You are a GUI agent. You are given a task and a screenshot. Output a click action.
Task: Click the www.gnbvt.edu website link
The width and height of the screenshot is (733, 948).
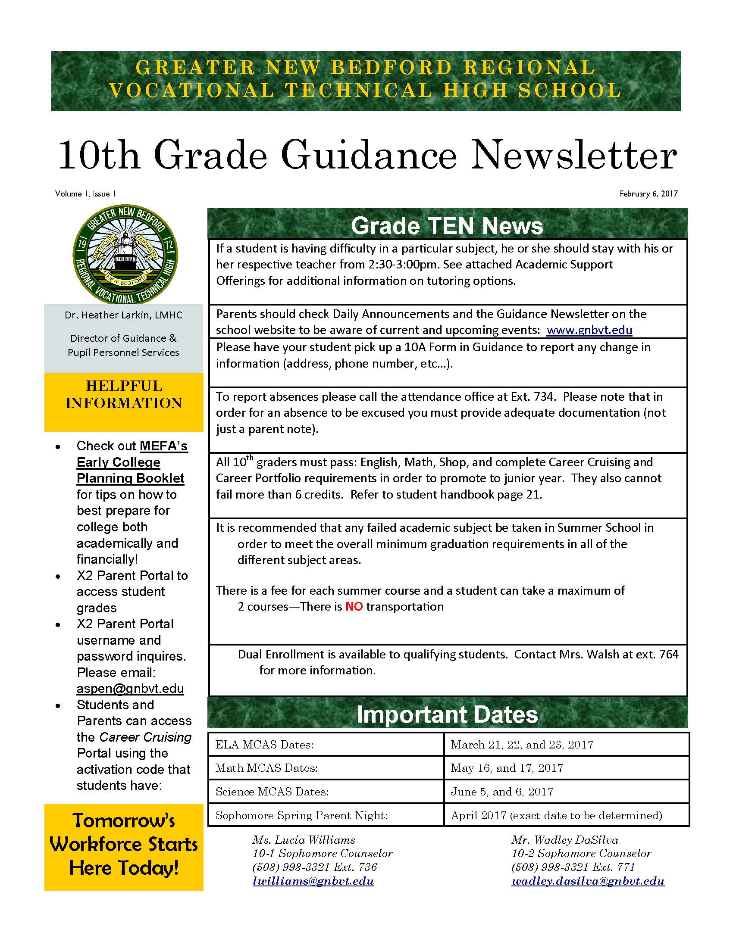[x=589, y=330]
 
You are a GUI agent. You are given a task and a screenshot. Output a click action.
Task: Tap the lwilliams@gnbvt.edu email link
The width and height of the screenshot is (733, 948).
[x=313, y=881]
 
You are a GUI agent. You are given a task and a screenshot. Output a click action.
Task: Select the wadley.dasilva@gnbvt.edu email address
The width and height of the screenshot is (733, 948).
[x=588, y=881]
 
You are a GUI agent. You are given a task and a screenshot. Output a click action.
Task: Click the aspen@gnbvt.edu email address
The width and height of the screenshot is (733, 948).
[x=130, y=689]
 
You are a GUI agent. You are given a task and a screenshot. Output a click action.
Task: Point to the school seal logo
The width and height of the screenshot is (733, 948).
[x=125, y=254]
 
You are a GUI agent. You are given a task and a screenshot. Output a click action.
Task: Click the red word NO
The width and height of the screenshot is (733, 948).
[x=354, y=606]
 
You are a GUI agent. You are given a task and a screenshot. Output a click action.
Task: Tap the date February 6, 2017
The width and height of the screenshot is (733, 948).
[x=648, y=193]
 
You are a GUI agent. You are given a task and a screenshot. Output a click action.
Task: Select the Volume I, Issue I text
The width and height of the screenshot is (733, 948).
[x=85, y=193]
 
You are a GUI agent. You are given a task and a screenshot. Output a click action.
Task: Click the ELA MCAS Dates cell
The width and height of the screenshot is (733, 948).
[x=264, y=745]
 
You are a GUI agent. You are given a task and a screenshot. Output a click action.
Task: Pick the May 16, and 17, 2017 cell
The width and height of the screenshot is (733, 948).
[x=507, y=768]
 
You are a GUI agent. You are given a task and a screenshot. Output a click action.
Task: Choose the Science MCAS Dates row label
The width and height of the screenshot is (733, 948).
[x=272, y=792]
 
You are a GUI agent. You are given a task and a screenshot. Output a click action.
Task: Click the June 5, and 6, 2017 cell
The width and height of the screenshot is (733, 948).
[x=502, y=792]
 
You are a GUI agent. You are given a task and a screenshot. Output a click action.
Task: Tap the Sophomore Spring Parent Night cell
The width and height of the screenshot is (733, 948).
[x=301, y=815]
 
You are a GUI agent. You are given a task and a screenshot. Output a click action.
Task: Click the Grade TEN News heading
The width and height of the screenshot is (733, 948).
[x=447, y=226]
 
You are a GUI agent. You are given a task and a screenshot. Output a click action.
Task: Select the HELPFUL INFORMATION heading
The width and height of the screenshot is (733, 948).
[x=124, y=394]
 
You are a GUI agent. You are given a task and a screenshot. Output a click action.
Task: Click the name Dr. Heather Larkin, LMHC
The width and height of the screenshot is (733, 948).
[x=123, y=315]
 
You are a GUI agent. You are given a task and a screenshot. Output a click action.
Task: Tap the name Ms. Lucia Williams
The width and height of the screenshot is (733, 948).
[x=304, y=840]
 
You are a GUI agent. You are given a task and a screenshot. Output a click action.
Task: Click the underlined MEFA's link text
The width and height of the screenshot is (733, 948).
[x=163, y=446]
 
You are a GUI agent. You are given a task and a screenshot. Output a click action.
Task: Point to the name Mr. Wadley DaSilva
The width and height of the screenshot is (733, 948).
[x=564, y=840]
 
